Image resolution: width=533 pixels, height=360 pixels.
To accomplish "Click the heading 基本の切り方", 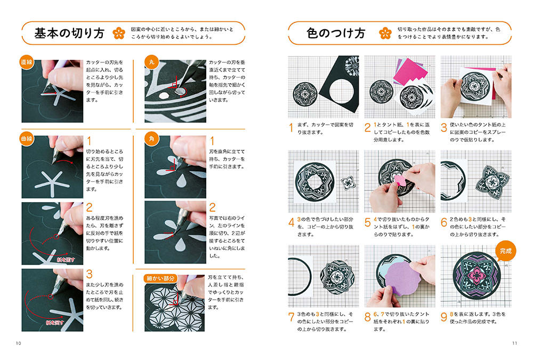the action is [x=69, y=34].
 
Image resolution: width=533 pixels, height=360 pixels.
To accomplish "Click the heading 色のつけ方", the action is [x=336, y=34].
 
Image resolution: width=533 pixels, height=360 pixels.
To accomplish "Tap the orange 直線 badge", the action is [x=27, y=62].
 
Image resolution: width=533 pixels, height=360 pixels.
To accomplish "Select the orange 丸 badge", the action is [x=151, y=62].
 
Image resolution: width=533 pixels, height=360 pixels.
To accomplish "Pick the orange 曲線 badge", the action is [x=27, y=139].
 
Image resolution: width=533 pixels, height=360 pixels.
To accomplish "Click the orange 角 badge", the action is [x=151, y=139].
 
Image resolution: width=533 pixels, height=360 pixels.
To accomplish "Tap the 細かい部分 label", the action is [x=160, y=278].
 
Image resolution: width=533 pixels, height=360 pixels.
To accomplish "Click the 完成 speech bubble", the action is [x=505, y=251].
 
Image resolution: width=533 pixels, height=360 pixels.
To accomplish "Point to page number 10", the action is [x=18, y=343].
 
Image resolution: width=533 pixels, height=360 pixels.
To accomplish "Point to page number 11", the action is [x=514, y=343].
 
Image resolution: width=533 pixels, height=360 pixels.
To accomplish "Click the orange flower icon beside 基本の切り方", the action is [x=119, y=34].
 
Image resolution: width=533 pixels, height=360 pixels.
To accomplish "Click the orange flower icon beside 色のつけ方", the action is [x=385, y=34].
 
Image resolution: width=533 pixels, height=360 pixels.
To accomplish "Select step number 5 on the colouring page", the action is [x=367, y=222].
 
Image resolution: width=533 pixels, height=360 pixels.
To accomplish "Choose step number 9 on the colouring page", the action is [x=443, y=317].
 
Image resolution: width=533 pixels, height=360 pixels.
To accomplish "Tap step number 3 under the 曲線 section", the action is [x=89, y=274].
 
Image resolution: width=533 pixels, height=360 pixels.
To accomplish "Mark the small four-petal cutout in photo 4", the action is [x=348, y=183].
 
